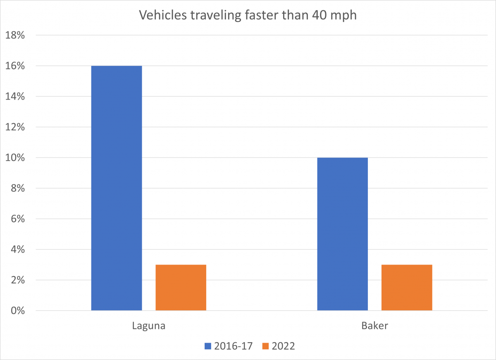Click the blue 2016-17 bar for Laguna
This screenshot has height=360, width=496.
(x=117, y=188)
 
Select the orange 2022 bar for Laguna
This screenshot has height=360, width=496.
(x=181, y=288)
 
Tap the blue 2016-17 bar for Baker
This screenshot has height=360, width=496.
(x=342, y=234)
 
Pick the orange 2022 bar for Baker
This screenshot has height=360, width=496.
(x=407, y=288)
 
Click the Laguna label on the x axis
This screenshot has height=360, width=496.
(x=149, y=326)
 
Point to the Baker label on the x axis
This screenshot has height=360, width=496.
(x=374, y=326)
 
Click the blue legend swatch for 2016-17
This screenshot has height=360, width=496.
(x=207, y=346)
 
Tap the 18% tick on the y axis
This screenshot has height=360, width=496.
(x=15, y=36)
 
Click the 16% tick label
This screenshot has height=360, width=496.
(x=15, y=66)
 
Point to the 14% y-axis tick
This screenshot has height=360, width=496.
(x=15, y=97)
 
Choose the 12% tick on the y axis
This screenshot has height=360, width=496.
(x=15, y=127)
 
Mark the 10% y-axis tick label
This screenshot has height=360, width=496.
(x=15, y=158)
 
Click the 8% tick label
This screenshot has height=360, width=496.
(x=18, y=188)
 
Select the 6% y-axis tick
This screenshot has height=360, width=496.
(x=18, y=219)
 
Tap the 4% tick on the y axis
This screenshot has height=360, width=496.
(x=18, y=250)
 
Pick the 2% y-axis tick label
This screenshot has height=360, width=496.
(x=18, y=280)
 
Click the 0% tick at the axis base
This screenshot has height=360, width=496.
(x=18, y=311)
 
